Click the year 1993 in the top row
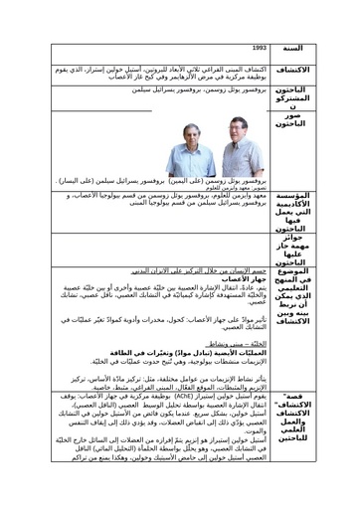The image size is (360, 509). click(260, 47)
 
